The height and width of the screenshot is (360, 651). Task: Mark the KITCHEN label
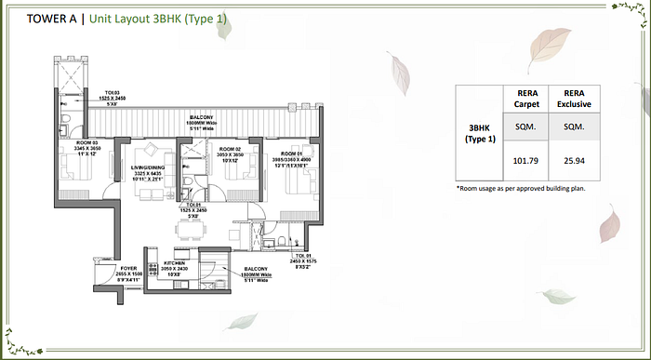[176, 264]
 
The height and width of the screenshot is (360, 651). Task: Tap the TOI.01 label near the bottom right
[300, 254]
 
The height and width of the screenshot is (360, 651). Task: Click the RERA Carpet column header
[526, 98]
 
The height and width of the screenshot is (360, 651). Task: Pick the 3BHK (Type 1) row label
[479, 132]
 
